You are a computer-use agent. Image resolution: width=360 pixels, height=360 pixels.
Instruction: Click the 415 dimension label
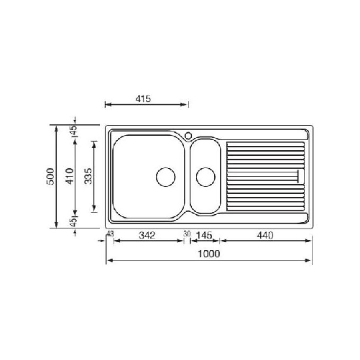(x=142, y=99)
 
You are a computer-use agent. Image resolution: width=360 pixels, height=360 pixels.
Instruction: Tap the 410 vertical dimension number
(x=70, y=177)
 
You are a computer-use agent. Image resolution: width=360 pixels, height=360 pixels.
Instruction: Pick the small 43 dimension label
(x=110, y=234)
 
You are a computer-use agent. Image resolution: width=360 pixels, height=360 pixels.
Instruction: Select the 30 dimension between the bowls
(x=187, y=234)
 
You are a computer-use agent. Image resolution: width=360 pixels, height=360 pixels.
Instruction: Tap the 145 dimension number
(x=204, y=235)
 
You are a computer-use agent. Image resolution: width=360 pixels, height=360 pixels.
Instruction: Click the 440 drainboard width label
(x=265, y=235)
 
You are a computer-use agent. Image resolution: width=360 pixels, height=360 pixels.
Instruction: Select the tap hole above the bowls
(x=188, y=134)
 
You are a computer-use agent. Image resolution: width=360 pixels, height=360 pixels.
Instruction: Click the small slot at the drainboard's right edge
(x=298, y=175)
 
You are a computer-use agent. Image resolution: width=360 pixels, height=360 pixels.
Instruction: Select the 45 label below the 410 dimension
(x=73, y=223)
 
